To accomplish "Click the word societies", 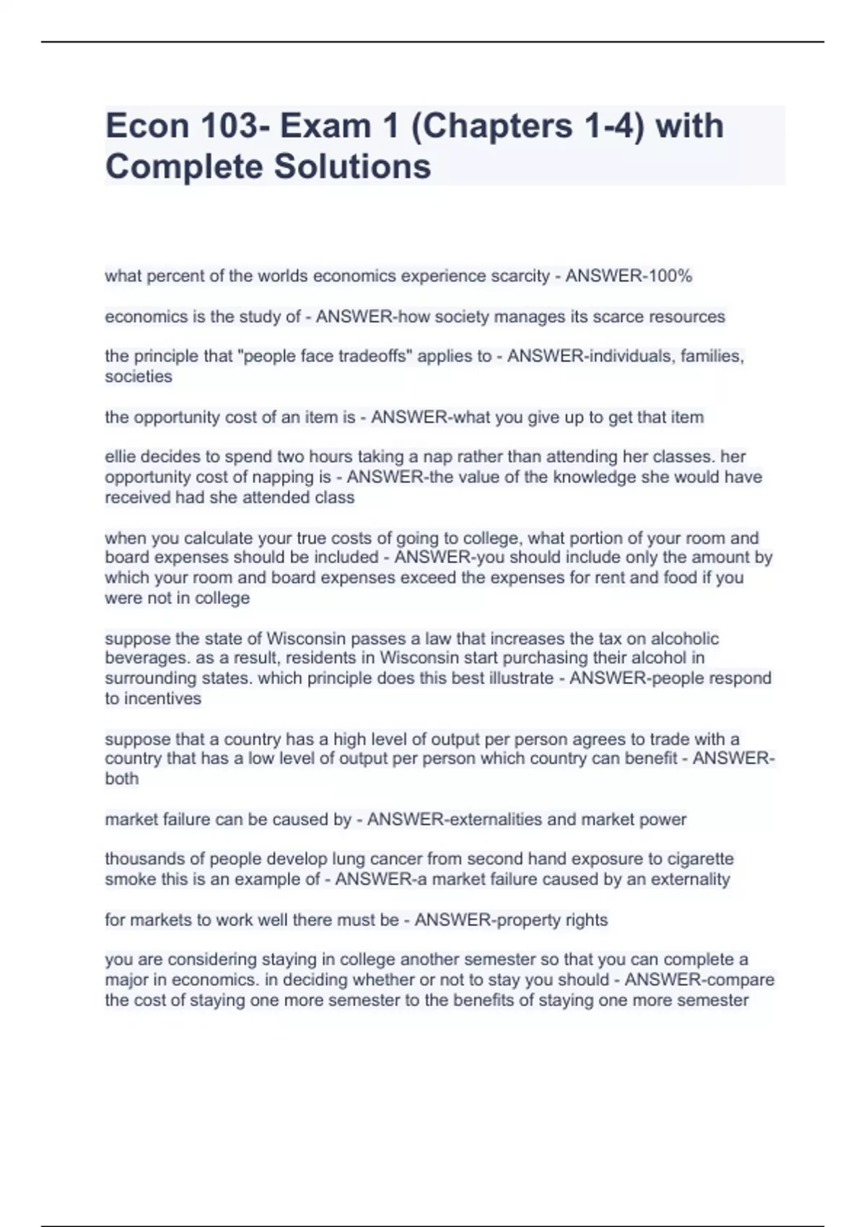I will (x=139, y=376).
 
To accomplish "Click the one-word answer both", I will (x=121, y=779).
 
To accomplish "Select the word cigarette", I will (x=701, y=859).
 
